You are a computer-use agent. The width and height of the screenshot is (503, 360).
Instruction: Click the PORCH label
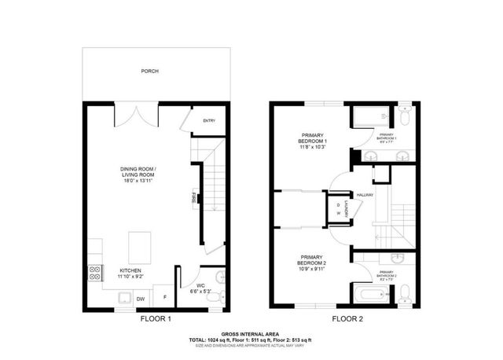[x=149, y=72]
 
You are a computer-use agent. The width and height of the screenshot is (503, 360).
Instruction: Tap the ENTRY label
[x=209, y=120]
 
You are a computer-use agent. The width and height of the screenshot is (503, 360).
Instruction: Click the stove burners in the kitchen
[x=94, y=274]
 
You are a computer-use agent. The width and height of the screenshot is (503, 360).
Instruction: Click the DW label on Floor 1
[x=141, y=299]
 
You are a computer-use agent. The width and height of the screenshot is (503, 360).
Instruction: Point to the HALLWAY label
[x=364, y=195]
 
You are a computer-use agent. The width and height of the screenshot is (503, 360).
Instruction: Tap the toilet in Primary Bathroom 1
[x=403, y=118]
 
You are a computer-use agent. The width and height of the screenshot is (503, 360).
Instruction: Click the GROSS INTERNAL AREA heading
[x=251, y=333]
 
